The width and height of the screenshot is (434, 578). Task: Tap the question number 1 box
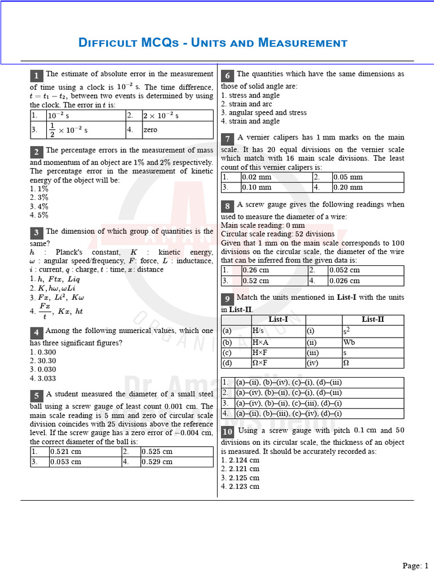click(36, 76)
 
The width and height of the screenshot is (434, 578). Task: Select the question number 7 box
click(227, 139)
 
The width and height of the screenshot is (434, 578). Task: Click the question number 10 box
click(227, 432)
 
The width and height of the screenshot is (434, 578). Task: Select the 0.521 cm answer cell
click(85, 452)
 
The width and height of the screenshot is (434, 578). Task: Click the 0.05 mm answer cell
click(367, 177)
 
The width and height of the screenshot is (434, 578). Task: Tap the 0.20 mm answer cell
click(367, 187)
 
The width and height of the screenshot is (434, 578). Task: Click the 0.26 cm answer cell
click(274, 270)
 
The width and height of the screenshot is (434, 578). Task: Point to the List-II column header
click(372, 319)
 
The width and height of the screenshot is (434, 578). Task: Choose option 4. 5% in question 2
click(39, 215)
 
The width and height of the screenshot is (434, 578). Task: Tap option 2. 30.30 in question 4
click(43, 361)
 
